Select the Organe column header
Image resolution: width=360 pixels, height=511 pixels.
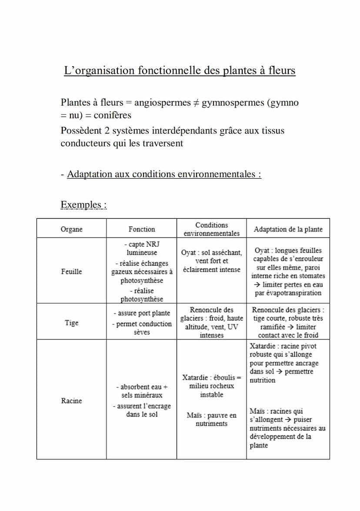click(x=71, y=229)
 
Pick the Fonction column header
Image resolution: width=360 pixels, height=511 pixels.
click(x=142, y=229)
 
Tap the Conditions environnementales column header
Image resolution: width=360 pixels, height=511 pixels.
click(x=212, y=229)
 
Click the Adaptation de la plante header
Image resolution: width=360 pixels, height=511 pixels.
click(x=288, y=229)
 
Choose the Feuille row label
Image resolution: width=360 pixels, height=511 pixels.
click(x=71, y=271)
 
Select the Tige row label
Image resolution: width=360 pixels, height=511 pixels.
click(x=71, y=323)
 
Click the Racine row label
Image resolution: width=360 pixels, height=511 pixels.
click(x=71, y=401)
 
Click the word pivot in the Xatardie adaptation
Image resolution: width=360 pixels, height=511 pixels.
click(x=308, y=346)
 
